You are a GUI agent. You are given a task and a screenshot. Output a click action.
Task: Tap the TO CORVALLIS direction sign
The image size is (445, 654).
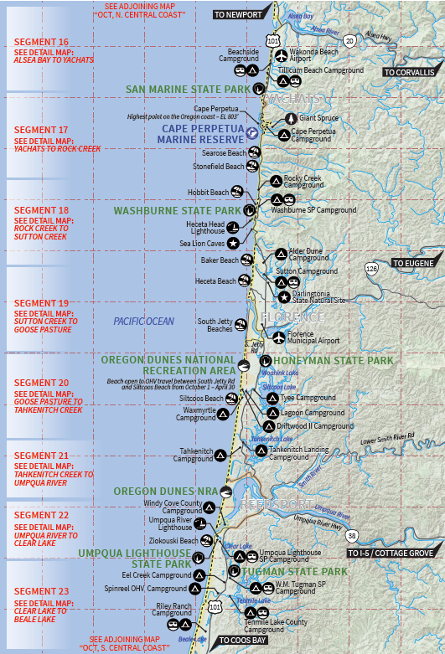410,73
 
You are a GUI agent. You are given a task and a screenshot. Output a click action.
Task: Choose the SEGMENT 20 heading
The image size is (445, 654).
41,383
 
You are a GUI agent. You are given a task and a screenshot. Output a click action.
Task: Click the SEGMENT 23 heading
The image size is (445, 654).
41,591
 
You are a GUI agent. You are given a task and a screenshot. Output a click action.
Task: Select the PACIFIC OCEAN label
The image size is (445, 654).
144,322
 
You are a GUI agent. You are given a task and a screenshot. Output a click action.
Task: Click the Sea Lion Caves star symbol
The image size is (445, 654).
232,243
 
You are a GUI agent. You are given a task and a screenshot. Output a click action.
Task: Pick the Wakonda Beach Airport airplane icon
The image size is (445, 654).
282,56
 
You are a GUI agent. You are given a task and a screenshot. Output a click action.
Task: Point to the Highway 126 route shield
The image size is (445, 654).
371,268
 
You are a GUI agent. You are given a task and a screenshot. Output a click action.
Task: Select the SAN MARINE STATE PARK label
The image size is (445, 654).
189,89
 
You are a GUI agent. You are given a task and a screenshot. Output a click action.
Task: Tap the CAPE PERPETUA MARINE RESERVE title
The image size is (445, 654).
201,134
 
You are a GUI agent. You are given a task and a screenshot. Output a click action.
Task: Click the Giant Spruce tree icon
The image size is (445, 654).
291,118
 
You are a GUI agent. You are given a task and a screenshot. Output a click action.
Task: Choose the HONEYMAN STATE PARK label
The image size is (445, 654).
332,361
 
